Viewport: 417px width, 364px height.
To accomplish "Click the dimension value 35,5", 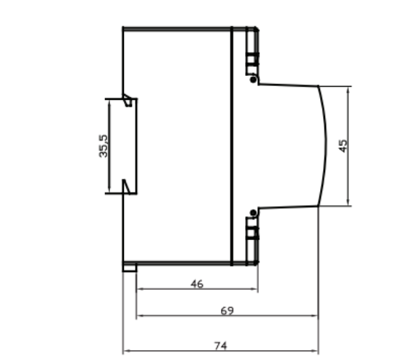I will pyautogui.click(x=104, y=147).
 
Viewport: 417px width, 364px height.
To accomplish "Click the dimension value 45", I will pyautogui.click(x=343, y=145).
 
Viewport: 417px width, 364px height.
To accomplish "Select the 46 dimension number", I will pyautogui.click(x=196, y=284).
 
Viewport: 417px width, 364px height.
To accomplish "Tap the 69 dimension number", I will pyautogui.click(x=227, y=311).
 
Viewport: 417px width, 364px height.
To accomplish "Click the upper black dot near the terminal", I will pyautogui.click(x=253, y=79).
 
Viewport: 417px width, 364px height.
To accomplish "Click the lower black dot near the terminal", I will pyautogui.click(x=253, y=212).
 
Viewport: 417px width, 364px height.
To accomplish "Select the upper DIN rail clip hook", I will pyautogui.click(x=128, y=100).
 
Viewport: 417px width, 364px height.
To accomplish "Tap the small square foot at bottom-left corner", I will pyautogui.click(x=130, y=267).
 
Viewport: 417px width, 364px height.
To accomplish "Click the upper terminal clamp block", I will pyautogui.click(x=252, y=59).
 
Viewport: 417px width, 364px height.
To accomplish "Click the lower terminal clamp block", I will pyautogui.click(x=252, y=233).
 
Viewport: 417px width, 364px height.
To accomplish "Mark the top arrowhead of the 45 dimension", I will pyautogui.click(x=348, y=89).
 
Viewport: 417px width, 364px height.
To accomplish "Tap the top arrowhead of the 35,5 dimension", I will pyautogui.click(x=108, y=101).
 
